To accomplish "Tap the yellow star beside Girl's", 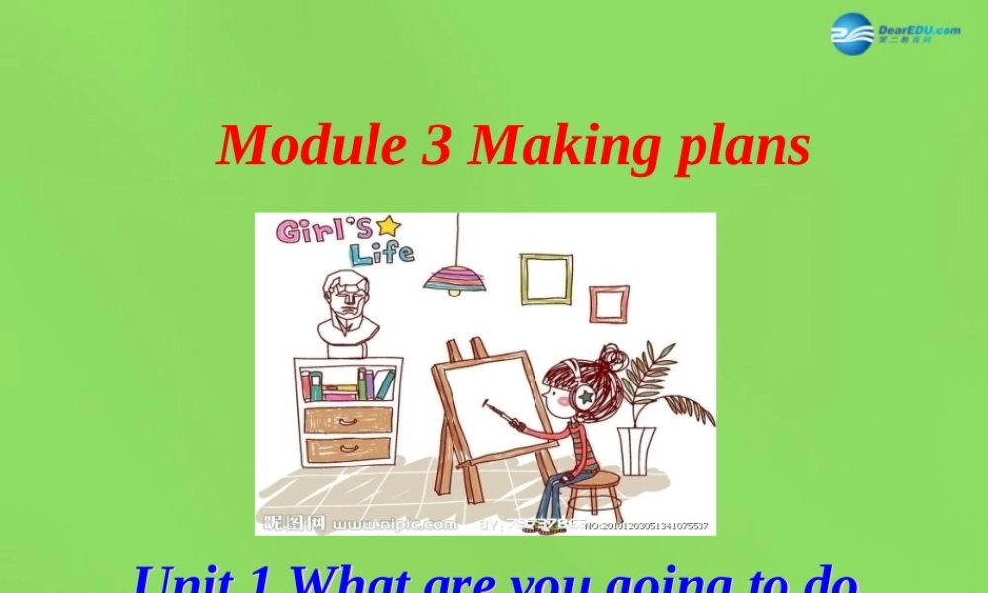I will pyautogui.click(x=388, y=225).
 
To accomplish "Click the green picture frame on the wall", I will pyautogui.click(x=546, y=279).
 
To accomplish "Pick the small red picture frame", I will pyautogui.click(x=609, y=303).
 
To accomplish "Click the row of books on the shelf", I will pyautogui.click(x=349, y=383).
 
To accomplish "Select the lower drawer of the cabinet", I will pyautogui.click(x=349, y=451).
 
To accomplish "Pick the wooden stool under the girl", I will pyautogui.click(x=592, y=495).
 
